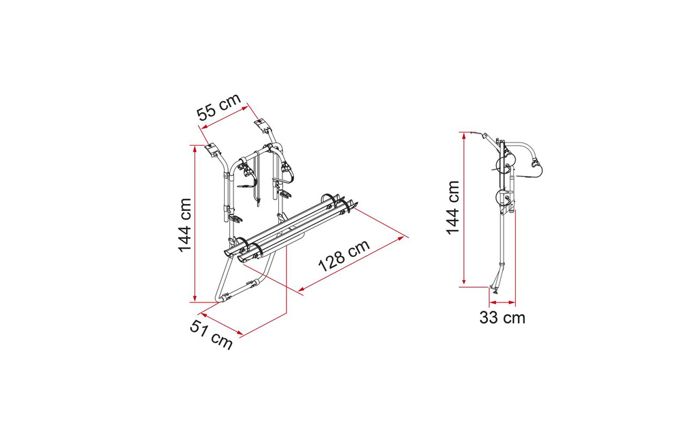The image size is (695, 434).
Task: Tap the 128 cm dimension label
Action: [x=344, y=256]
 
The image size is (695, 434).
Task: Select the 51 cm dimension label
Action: [x=211, y=334]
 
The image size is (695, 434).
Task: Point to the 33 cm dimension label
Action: [x=502, y=317]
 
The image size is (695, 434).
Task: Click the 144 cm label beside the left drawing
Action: [x=185, y=225]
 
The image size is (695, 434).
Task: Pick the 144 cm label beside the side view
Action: [x=453, y=208]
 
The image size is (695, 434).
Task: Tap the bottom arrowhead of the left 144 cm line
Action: [x=195, y=298]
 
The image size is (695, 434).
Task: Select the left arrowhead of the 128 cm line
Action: [x=301, y=290]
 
